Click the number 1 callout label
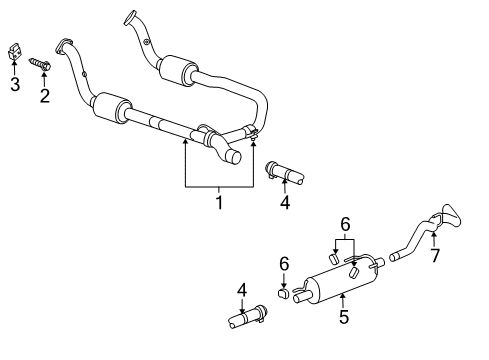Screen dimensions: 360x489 pyautogui.click(x=217, y=204)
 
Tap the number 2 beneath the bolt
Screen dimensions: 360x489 pyautogui.click(x=44, y=96)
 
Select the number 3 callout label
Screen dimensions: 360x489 pyautogui.click(x=14, y=84)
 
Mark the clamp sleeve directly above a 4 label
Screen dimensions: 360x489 pyautogui.click(x=286, y=175)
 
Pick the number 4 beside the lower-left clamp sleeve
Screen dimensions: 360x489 pyautogui.click(x=242, y=291)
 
